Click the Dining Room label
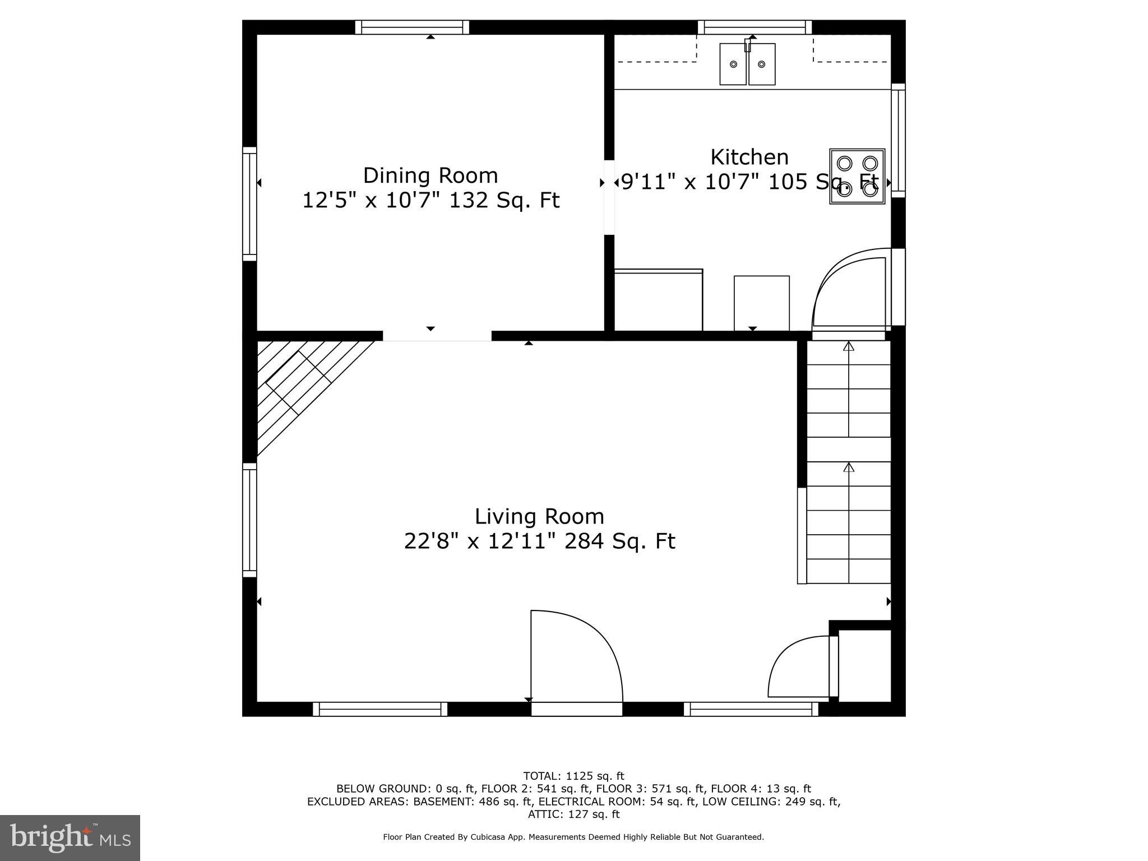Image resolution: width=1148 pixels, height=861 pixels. coord(430,175)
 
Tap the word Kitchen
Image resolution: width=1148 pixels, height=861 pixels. coord(749,157)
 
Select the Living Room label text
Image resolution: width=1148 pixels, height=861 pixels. coord(539,516)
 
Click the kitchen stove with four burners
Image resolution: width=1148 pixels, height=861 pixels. coord(857,176)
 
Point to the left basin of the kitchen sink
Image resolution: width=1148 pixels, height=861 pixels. coord(733,64)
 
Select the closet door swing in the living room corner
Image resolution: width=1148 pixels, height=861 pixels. coord(799,667)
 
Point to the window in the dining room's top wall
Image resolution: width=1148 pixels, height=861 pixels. coord(412,27)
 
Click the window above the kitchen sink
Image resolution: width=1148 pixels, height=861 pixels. coord(754,27)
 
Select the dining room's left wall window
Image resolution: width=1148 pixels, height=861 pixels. coord(249,204)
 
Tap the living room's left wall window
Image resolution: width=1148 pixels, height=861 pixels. coord(249,520)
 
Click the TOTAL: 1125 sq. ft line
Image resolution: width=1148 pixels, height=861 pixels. coord(573,776)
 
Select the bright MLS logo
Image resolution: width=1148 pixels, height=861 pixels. coord(70,837)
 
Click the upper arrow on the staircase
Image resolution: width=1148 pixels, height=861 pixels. coord(849,348)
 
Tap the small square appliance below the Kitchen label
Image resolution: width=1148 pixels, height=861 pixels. coord(761,303)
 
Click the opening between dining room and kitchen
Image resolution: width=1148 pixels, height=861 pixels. coord(609,197)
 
